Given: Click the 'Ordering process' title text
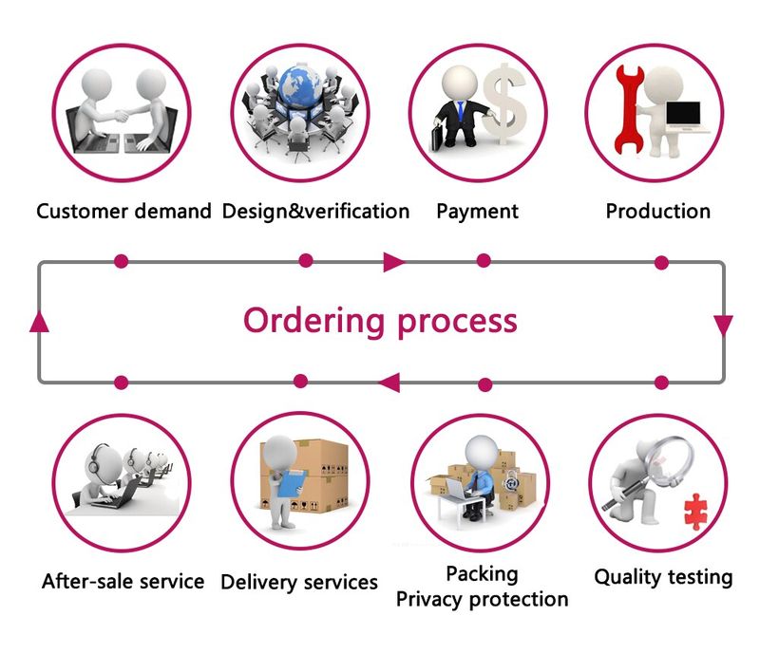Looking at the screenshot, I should (380, 320).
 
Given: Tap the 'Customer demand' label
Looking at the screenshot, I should (123, 211).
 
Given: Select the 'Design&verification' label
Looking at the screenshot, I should (315, 211).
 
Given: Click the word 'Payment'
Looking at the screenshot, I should (478, 211).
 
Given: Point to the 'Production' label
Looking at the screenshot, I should (657, 211).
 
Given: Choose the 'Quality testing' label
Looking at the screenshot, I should (663, 576).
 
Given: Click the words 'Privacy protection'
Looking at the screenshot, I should (482, 599).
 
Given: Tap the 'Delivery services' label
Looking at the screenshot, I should (299, 582).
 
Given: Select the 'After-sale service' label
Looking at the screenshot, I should (123, 580).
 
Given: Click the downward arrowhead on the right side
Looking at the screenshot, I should (723, 325).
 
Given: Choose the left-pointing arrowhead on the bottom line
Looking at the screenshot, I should (389, 383).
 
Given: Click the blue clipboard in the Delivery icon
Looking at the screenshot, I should (284, 484).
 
